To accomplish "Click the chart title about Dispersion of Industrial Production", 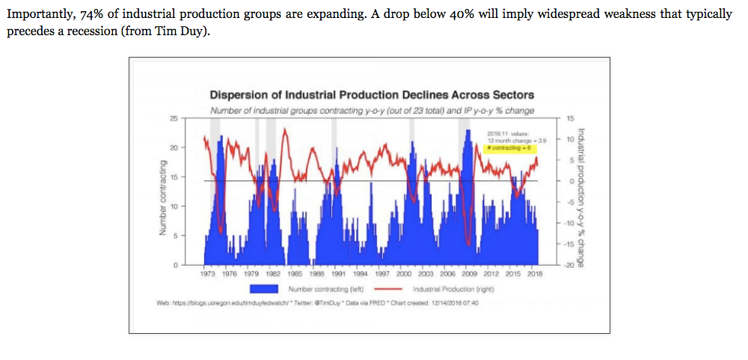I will [372, 96].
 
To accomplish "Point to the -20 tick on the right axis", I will [570, 266].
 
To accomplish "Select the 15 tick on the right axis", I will [570, 119].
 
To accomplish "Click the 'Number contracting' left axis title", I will [159, 198].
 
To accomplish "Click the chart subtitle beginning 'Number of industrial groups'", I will [372, 111].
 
